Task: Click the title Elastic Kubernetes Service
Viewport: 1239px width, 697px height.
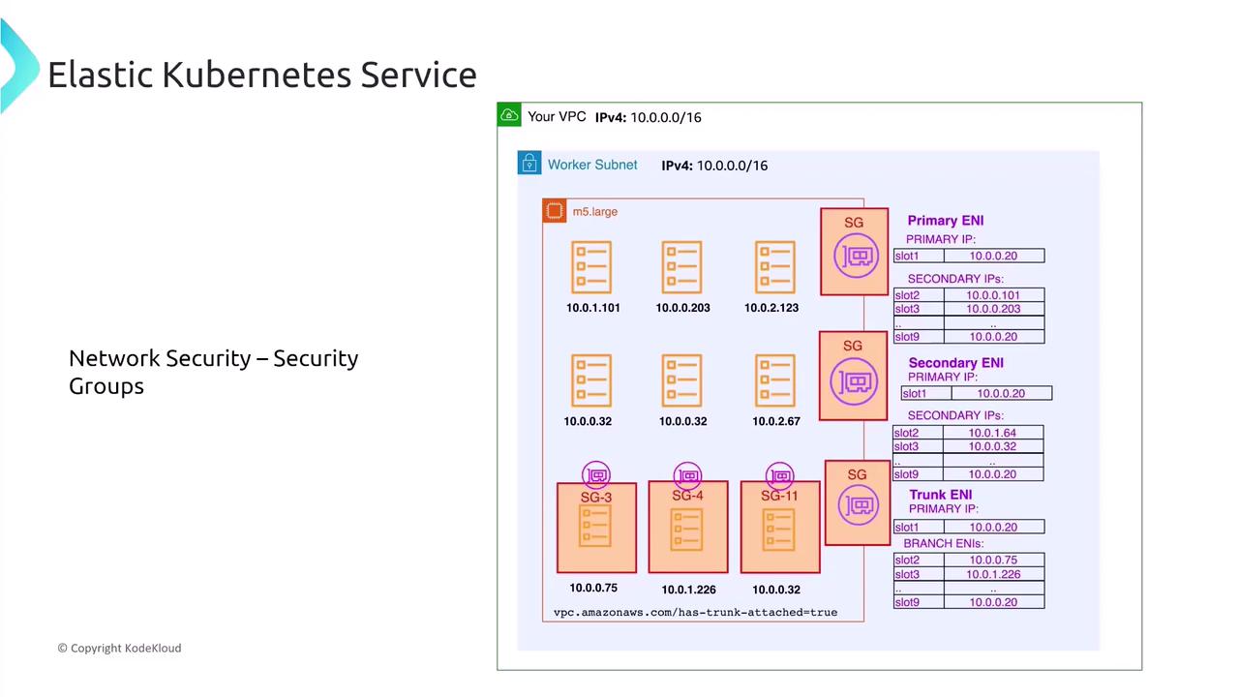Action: tap(261, 75)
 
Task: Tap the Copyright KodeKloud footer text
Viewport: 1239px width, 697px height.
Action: tap(119, 648)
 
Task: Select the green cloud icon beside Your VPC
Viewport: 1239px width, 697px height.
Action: tap(509, 115)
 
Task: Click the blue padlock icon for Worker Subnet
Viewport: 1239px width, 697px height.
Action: tap(529, 163)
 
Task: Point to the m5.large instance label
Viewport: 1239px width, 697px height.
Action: tap(594, 212)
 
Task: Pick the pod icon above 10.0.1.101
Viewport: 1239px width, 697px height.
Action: tap(591, 266)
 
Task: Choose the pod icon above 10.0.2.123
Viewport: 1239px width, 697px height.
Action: tap(774, 266)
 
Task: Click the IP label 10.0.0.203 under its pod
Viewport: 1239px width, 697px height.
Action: tap(682, 308)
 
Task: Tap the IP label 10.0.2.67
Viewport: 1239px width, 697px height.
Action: tap(775, 421)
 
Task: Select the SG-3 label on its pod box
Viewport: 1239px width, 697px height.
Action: tap(596, 498)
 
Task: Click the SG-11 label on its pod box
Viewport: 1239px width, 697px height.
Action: tap(779, 496)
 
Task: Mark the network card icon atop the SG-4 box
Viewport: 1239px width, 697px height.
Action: tap(688, 475)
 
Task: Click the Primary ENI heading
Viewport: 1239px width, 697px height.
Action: tap(945, 221)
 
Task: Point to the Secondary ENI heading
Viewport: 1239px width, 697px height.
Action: tap(955, 363)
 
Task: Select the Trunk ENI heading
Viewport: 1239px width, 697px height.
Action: tap(940, 495)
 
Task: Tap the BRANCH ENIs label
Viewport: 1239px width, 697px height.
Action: tap(943, 543)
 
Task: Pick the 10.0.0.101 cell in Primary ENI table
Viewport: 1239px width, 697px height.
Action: tap(993, 295)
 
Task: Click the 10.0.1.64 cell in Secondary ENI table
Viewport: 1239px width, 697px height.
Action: tap(992, 433)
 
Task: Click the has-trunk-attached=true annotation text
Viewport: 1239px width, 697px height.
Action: tap(695, 612)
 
